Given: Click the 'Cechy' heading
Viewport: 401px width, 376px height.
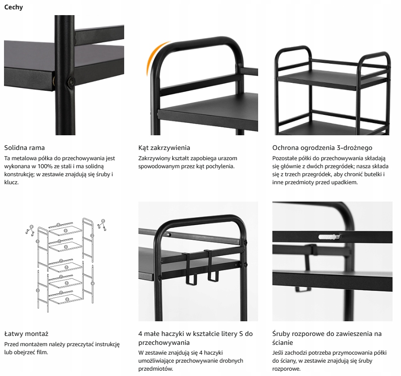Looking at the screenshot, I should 13,7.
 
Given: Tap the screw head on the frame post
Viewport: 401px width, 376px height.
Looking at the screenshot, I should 70,81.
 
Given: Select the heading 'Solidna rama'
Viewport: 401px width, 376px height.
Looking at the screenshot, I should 24,148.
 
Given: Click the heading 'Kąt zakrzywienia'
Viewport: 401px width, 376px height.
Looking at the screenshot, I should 164,148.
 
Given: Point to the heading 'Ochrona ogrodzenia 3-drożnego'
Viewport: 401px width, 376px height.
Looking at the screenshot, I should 322,148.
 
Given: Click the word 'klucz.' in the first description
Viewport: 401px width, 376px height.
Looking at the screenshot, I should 12,182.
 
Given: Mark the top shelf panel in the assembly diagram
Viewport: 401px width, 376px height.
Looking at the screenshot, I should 65,231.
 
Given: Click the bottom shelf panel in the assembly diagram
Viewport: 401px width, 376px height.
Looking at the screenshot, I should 66,299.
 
